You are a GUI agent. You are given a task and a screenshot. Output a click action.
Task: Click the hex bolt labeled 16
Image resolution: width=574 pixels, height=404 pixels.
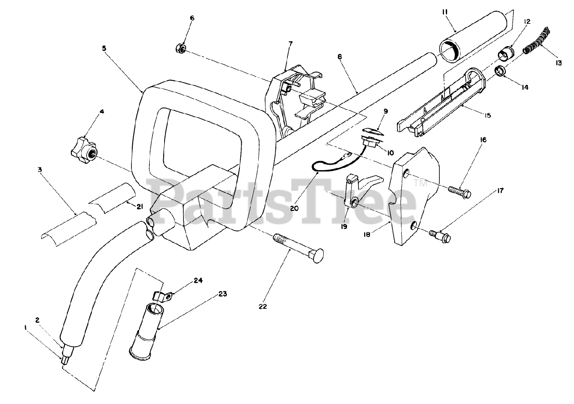pyautogui.click(x=458, y=192)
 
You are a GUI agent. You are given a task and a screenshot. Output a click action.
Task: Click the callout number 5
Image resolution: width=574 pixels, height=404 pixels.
pyautogui.click(x=104, y=48)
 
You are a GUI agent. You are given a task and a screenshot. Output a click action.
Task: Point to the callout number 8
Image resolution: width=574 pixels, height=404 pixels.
pyautogui.click(x=339, y=57)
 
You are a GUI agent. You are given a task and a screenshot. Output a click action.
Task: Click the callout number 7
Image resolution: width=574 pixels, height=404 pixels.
pyautogui.click(x=290, y=44)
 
